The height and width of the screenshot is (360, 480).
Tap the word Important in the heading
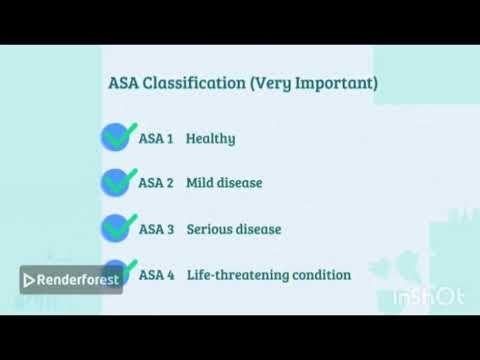pyautogui.click(x=338, y=83)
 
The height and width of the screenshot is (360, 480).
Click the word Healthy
pyautogui.click(x=210, y=138)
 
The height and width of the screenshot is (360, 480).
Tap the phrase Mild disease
pyautogui.click(x=224, y=183)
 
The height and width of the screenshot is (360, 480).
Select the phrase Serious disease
pyautogui.click(x=233, y=229)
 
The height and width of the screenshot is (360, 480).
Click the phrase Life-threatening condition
pyautogui.click(x=268, y=274)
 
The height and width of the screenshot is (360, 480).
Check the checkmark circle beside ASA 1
pyautogui.click(x=118, y=137)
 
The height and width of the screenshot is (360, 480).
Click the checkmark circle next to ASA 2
pyautogui.click(x=118, y=182)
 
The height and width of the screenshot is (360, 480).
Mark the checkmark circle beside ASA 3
pyautogui.click(x=118, y=228)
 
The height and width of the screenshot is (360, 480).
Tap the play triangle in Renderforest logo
pyautogui.click(x=29, y=280)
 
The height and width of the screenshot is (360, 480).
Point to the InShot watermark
pyautogui.click(x=428, y=296)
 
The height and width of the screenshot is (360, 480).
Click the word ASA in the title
pyautogui.click(x=121, y=83)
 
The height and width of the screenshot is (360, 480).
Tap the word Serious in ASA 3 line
pyautogui.click(x=207, y=229)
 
